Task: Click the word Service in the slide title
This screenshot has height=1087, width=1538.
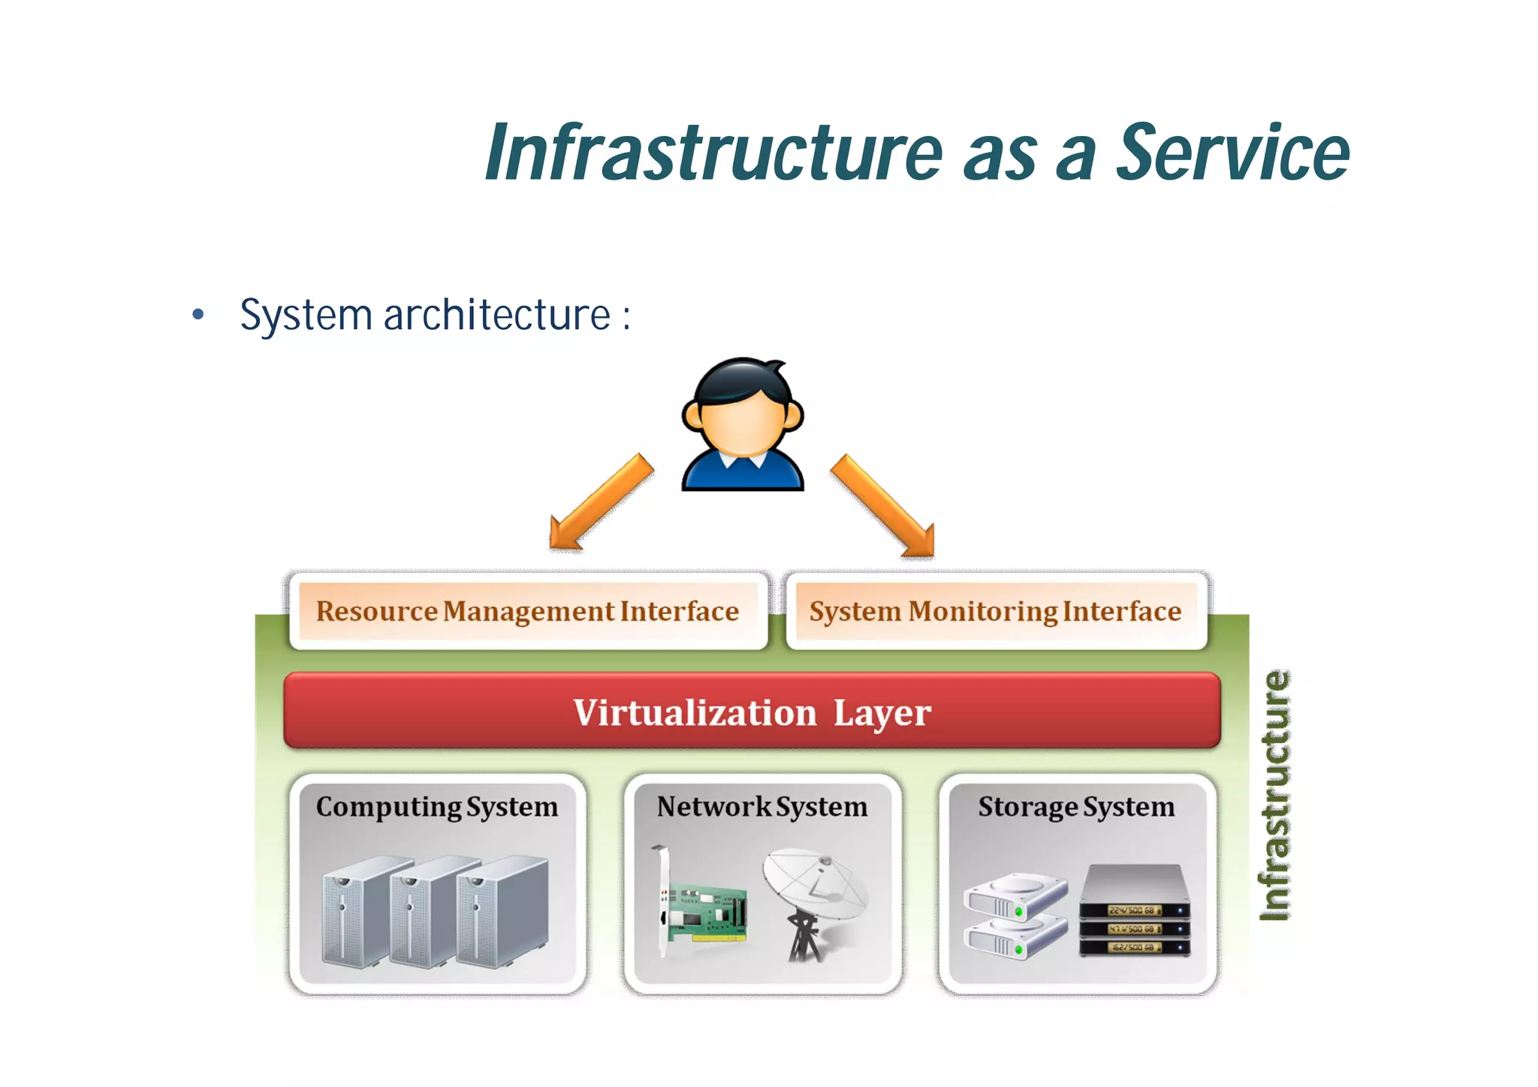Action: click(x=1232, y=153)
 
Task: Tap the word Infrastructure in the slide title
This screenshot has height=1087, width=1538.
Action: click(x=713, y=153)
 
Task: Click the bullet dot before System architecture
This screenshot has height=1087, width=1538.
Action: click(x=198, y=315)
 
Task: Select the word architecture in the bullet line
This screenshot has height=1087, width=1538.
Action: click(x=497, y=315)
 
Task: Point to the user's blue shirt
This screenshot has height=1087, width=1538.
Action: click(x=743, y=472)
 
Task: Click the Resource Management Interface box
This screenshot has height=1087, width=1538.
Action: click(x=528, y=611)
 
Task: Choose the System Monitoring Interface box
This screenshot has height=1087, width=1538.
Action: click(x=995, y=611)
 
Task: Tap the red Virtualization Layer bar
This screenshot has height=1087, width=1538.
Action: click(x=752, y=711)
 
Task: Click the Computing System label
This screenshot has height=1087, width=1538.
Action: click(x=437, y=807)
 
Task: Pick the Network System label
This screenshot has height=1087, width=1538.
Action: click(x=761, y=807)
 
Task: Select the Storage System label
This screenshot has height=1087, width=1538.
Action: click(x=1076, y=807)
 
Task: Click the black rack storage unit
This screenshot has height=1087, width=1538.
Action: click(x=1135, y=913)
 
